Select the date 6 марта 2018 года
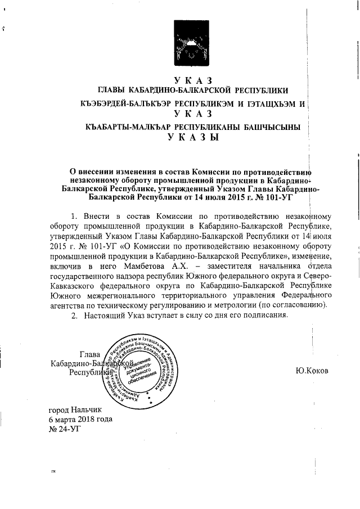click(80, 419)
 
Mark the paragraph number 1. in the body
click(73, 216)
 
